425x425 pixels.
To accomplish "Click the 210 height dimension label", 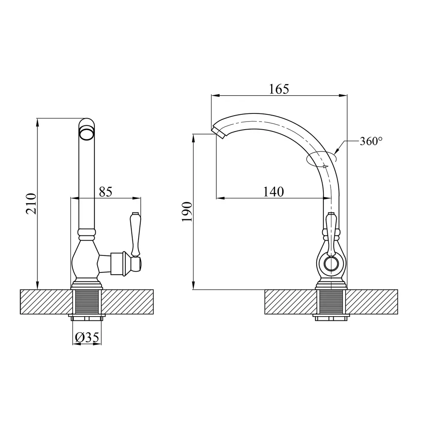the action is pos(31,204).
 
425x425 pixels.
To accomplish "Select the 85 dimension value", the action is pos(105,192).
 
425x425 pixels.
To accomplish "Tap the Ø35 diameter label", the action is pos(87,337).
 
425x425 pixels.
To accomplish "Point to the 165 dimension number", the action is pos(279,89).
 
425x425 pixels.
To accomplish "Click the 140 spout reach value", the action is pos(273,192).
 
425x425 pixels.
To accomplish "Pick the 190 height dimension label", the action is pos(187,212).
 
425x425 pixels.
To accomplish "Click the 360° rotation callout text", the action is pos(371,141).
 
